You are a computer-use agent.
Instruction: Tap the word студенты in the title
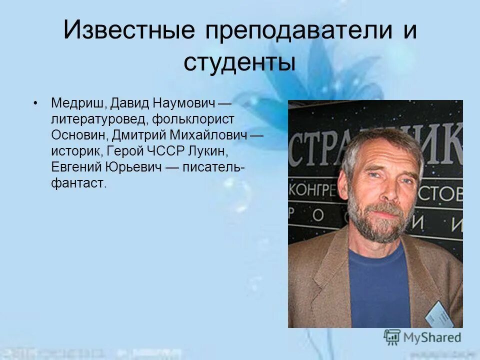239,63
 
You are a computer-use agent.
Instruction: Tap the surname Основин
79,135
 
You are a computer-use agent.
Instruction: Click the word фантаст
78,183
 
